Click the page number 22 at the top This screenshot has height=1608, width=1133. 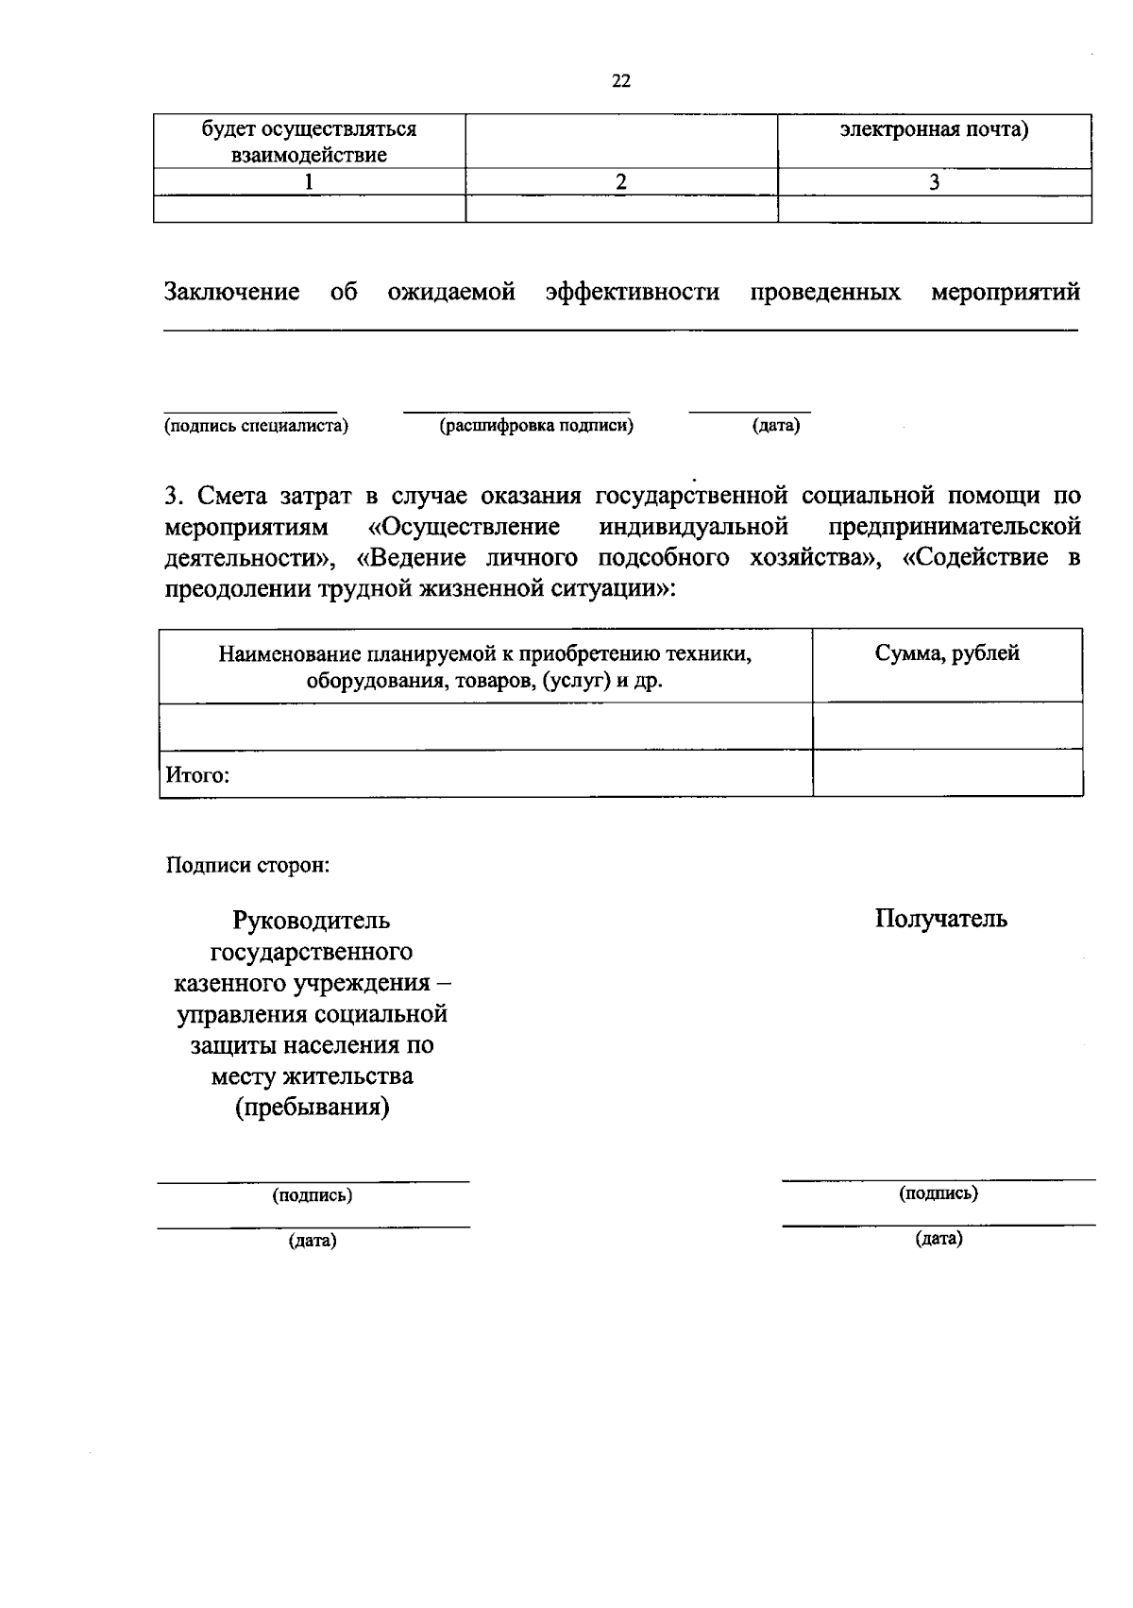coord(621,81)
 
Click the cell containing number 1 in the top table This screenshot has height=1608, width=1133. coord(309,182)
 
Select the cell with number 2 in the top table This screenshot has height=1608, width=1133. coord(621,182)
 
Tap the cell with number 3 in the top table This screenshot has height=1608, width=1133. coord(934,182)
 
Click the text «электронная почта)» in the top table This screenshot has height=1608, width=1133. coord(934,129)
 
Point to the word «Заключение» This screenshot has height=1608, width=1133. coord(232,293)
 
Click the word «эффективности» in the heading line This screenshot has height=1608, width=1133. coord(633,293)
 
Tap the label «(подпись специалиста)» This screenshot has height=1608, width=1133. coord(257,426)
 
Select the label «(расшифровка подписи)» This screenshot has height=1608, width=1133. coord(536,426)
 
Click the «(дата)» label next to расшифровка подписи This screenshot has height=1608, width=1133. coord(776,426)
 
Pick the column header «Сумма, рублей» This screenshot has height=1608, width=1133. coord(947,653)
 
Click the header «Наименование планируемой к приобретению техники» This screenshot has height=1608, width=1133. coord(484,653)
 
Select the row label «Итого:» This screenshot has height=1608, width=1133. coord(198,775)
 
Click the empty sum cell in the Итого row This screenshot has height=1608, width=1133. coord(947,773)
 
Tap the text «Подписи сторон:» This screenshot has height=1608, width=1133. coord(247,865)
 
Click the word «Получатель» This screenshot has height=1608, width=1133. coord(940,919)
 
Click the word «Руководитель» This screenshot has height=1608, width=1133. coord(312,921)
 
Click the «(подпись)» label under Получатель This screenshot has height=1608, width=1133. coord(939,1193)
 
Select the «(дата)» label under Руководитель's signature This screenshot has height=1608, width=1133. coord(313,1241)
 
